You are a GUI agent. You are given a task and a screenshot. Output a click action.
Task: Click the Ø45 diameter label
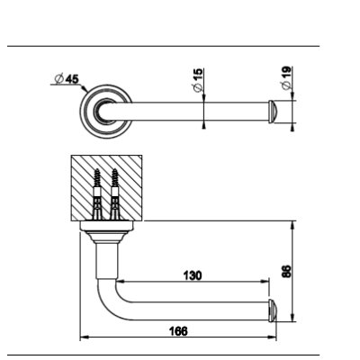point(67,79)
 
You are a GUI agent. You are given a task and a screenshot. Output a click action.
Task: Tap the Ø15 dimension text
point(198,80)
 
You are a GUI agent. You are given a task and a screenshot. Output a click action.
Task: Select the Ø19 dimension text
point(286,77)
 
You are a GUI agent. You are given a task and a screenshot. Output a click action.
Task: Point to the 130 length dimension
point(193,275)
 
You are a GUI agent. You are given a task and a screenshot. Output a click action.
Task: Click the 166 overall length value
point(178,331)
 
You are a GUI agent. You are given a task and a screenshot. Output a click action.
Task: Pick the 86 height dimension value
point(287,271)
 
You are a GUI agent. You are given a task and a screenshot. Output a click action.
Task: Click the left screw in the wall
point(97,194)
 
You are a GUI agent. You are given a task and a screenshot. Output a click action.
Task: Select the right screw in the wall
point(115,194)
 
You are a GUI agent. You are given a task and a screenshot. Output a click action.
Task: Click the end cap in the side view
point(272,310)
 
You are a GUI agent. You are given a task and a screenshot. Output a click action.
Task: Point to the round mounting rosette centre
point(106,112)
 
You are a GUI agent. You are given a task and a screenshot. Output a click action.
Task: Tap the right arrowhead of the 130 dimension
point(265,282)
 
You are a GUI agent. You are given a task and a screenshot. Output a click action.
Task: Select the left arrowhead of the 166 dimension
point(85,337)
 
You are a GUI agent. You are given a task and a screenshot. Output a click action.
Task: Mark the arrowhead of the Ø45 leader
point(85,88)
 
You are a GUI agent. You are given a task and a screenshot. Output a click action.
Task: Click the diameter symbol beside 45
point(59,79)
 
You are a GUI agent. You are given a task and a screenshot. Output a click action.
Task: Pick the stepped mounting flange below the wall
point(106,232)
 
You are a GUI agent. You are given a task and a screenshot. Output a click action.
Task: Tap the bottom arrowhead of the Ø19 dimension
point(292,127)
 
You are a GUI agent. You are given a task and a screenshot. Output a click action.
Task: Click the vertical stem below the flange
point(106,261)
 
